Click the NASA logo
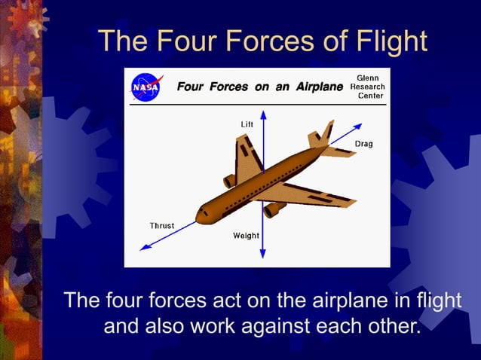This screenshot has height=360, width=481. pyautogui.click(x=146, y=87)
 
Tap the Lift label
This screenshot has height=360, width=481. pyautogui.click(x=247, y=123)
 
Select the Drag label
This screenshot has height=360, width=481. pyautogui.click(x=363, y=143)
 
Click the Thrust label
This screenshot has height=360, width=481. pyautogui.click(x=162, y=225)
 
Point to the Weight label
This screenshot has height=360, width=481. pyautogui.click(x=246, y=236)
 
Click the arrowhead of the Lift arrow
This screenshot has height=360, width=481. pyautogui.click(x=264, y=114)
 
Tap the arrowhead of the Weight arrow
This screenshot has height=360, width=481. pyautogui.click(x=264, y=256)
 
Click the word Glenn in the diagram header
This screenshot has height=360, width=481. pyautogui.click(x=368, y=77)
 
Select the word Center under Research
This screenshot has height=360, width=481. pyautogui.click(x=370, y=96)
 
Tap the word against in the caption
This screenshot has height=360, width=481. pyautogui.click(x=303, y=328)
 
